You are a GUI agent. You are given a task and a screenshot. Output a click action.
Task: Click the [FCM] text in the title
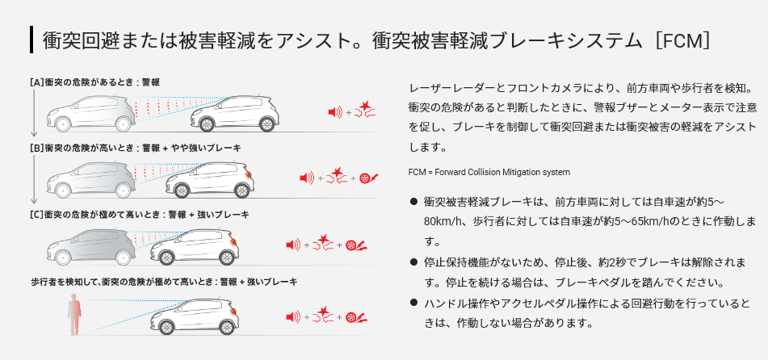coord(680,40)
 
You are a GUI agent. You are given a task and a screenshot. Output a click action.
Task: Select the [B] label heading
coord(135,147)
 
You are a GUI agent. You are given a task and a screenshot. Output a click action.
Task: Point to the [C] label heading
coord(140,214)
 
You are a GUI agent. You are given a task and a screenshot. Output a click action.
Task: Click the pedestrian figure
coord(74,314)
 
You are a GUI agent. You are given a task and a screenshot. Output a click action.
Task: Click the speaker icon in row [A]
coord(334,113)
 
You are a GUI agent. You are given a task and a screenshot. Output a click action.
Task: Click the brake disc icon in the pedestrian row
coord(356,317)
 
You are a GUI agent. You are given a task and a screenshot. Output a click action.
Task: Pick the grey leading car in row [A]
coord(91,114)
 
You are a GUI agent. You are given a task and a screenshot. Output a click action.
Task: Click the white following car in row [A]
coord(235,114)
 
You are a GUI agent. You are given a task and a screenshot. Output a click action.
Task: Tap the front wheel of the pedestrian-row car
coord(166,326)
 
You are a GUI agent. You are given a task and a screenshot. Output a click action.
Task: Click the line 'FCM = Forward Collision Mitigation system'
coord(489,172)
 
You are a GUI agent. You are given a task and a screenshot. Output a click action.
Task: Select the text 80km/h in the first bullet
coord(443,221)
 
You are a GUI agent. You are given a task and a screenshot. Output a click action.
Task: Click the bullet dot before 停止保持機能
coord(413,262)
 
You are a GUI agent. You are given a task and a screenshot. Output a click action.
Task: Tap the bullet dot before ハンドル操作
coord(413,303)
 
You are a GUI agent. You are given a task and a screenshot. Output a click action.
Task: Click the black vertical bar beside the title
coord(31,40)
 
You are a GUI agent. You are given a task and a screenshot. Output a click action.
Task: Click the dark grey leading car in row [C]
coord(91,247)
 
